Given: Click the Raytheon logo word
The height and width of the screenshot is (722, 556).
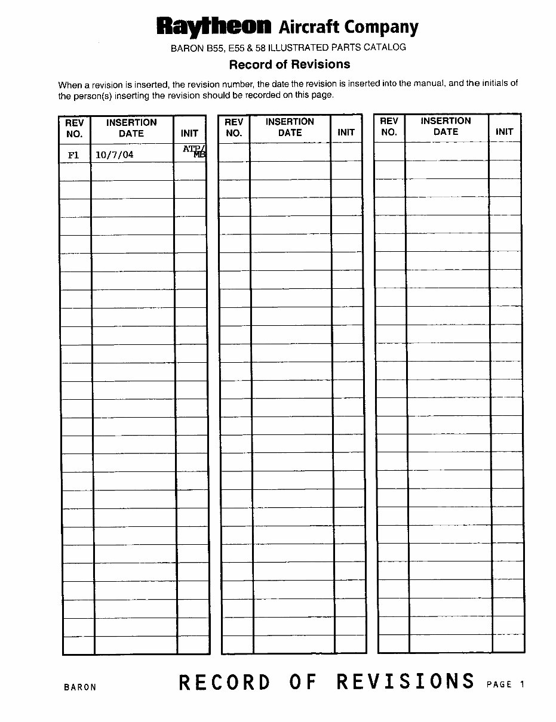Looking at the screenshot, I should [x=214, y=26].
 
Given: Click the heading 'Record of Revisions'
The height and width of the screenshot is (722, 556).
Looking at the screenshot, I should [x=290, y=64].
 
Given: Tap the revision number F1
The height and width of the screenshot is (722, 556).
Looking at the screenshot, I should [x=73, y=155].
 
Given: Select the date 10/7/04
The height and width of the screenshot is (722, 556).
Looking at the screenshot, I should [x=115, y=155].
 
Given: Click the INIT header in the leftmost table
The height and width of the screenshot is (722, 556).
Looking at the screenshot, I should [x=189, y=133].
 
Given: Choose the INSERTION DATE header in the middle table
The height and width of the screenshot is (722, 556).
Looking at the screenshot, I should [x=290, y=126].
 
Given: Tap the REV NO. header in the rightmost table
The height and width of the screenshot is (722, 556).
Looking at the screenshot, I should [x=389, y=126].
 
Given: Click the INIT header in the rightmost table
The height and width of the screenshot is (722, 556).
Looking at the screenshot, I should [x=505, y=132].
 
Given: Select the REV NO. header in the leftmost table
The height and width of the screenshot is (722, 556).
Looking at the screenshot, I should [x=75, y=128].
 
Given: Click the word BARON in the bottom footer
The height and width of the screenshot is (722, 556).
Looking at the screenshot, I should [x=80, y=687].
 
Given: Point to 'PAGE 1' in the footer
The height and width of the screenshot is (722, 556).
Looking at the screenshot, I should [x=505, y=684].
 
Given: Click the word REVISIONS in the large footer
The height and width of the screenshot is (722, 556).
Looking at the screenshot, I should [x=406, y=681].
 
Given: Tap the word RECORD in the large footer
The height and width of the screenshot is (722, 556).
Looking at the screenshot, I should [x=225, y=683].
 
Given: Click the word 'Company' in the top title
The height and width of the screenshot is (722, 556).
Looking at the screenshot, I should [x=382, y=27].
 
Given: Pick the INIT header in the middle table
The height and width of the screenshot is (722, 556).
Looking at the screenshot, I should [x=346, y=132].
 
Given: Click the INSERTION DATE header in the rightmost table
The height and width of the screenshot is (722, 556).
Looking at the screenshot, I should [x=446, y=126].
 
